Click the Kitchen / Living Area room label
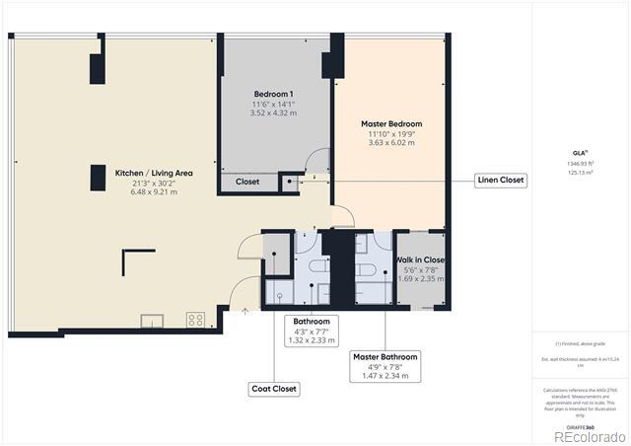click(x=153, y=173)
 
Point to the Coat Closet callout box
click(x=273, y=389)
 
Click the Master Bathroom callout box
click(x=385, y=357)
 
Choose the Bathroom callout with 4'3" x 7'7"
click(x=312, y=322)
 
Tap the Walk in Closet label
click(x=421, y=260)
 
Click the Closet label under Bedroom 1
click(x=247, y=182)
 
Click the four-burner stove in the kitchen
click(x=195, y=320)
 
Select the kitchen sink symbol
click(x=152, y=320)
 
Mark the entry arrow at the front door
click(x=245, y=311)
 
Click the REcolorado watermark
click(x=589, y=436)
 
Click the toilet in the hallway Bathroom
click(x=320, y=267)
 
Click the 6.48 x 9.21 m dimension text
click(x=153, y=192)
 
